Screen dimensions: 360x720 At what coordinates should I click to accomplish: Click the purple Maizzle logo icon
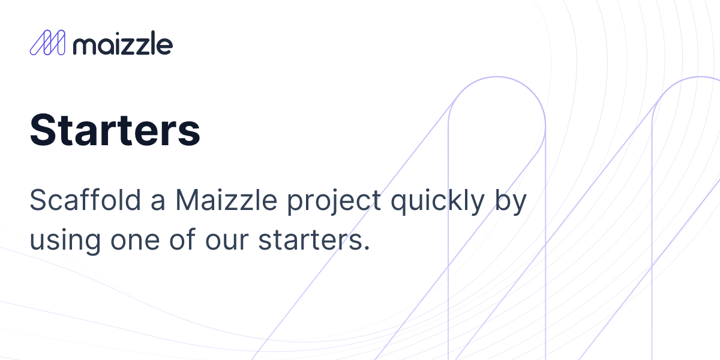[x=47, y=43]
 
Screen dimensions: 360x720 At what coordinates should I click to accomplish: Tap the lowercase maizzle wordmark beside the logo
[x=122, y=44]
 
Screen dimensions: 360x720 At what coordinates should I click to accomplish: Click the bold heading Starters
[x=115, y=130]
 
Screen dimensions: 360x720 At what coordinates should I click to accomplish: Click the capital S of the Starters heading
[x=43, y=130]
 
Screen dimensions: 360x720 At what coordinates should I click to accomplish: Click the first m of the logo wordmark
[x=83, y=46]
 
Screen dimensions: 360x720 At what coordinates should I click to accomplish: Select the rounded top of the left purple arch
[x=496, y=79]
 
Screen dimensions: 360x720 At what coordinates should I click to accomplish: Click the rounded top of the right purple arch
[x=699, y=78]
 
